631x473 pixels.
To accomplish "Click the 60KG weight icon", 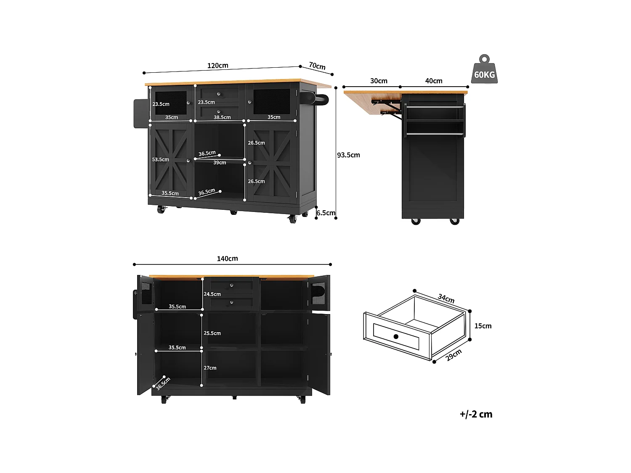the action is (x=484, y=70).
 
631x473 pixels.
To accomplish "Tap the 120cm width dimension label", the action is (x=217, y=66).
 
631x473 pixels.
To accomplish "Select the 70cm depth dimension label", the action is (x=317, y=66).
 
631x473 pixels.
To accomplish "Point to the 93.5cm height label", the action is (x=348, y=155).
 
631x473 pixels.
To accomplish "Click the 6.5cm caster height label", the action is (x=326, y=213).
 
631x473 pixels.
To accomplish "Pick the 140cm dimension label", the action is (x=227, y=259).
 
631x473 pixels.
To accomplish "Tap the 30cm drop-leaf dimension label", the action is (x=379, y=81).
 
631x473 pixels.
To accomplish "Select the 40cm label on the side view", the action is (x=434, y=81).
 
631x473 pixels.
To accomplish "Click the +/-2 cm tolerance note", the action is (x=476, y=414).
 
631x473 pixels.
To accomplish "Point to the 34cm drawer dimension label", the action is (x=446, y=299).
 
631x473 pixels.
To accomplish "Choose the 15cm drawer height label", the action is (x=483, y=326).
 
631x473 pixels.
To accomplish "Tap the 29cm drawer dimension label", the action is (x=454, y=355).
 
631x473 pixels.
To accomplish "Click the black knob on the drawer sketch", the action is (x=396, y=336).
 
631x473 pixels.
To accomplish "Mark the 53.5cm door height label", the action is (x=160, y=160).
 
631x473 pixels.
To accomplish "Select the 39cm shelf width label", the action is (x=220, y=163).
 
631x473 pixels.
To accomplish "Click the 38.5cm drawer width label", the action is (x=222, y=117).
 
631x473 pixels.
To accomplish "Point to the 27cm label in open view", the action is (x=210, y=368).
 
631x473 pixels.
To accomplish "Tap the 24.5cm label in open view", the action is (x=212, y=294).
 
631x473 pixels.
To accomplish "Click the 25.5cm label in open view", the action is (x=212, y=333).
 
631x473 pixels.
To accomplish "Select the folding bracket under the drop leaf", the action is (x=389, y=106).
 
